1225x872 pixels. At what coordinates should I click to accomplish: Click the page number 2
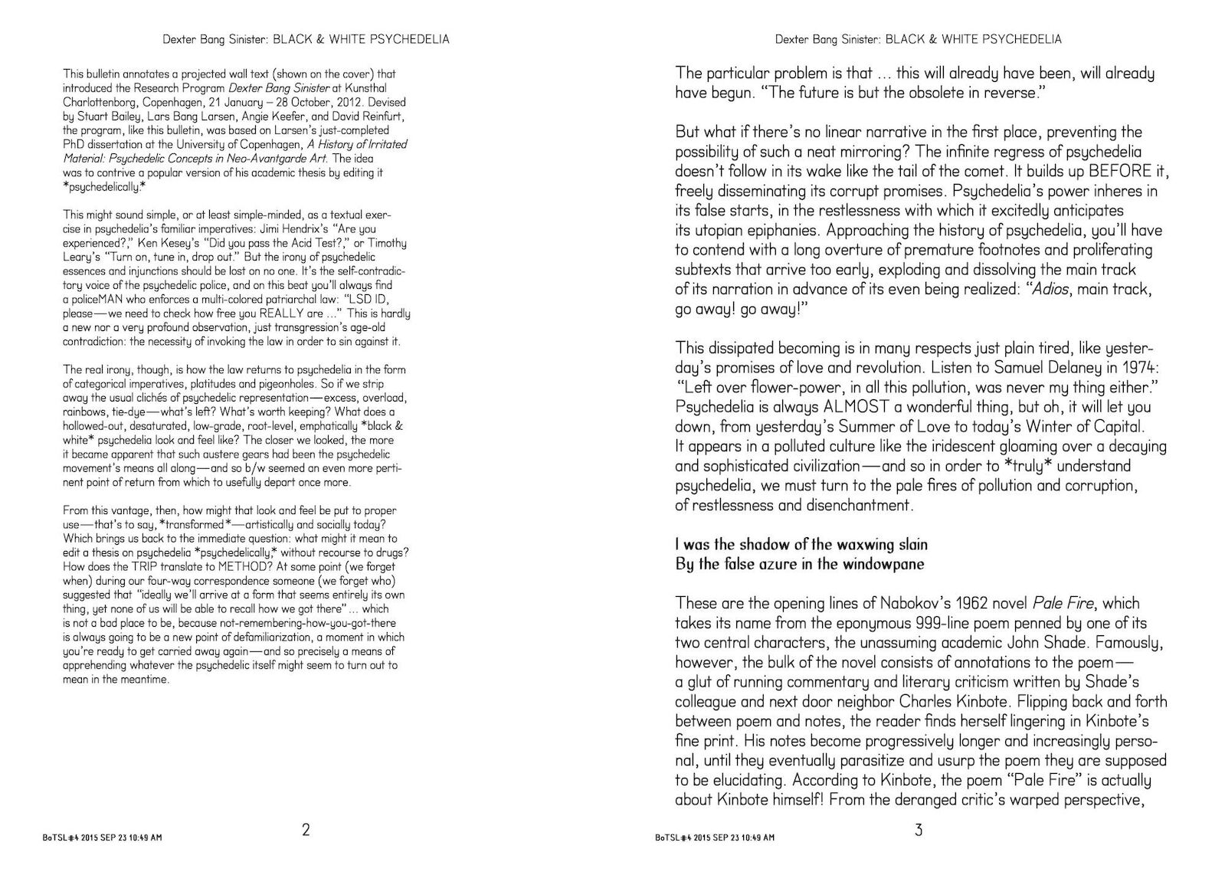point(306,830)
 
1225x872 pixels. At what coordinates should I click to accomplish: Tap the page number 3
point(919,830)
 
